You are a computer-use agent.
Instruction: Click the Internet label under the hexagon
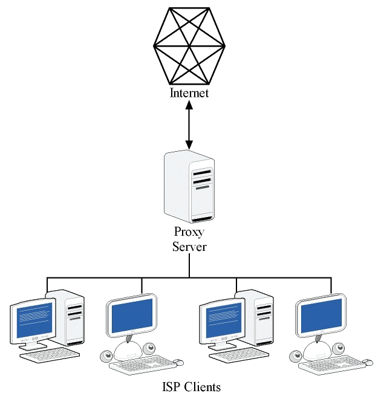click(189, 93)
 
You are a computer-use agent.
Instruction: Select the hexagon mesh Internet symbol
click(189, 45)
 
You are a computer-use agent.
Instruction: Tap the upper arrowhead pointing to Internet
click(189, 105)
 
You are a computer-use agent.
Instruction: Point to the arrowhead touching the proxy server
click(189, 145)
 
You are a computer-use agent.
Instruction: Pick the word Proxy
click(189, 232)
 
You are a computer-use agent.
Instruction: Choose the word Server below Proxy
click(189, 246)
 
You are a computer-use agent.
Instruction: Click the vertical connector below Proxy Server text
click(189, 266)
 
